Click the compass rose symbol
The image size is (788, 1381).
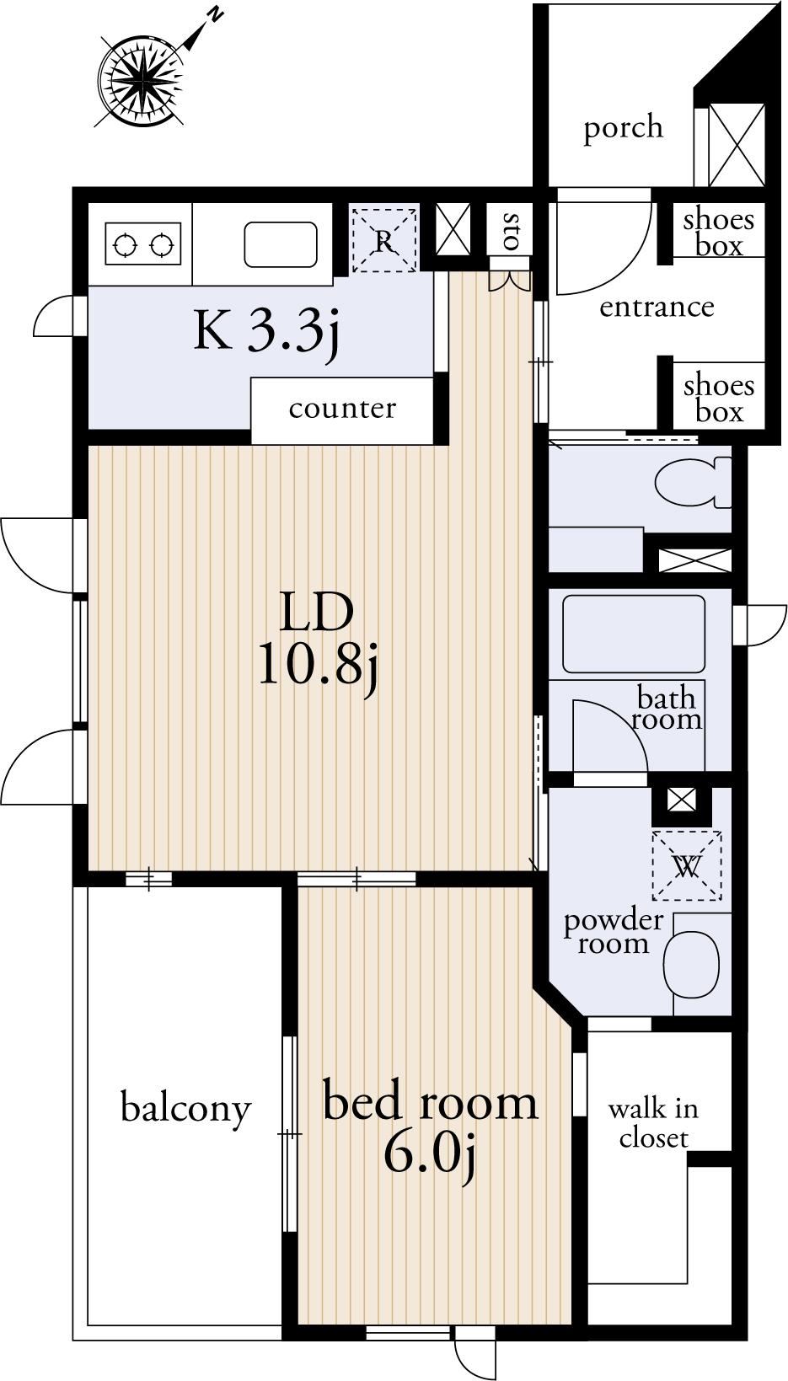click(x=142, y=81)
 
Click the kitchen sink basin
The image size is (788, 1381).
click(x=281, y=244)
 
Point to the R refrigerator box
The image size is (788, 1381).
click(x=384, y=240)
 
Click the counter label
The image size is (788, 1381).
click(x=342, y=409)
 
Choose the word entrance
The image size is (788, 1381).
click(x=657, y=307)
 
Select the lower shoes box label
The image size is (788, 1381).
click(x=719, y=399)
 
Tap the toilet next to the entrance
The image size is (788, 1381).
click(x=693, y=482)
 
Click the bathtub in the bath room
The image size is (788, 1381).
click(x=634, y=634)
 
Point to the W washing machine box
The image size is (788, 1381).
click(x=687, y=865)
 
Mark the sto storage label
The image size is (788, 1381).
click(x=512, y=231)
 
